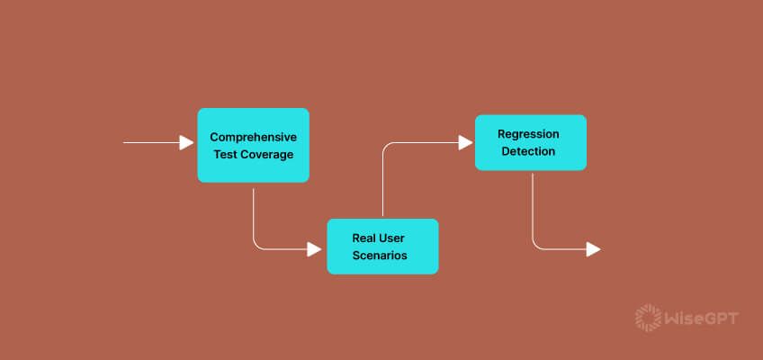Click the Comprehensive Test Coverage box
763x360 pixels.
pos(253,146)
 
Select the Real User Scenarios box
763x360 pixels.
pos(382,247)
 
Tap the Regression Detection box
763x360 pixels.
pos(530,142)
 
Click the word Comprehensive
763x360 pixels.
pos(253,137)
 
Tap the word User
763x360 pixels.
pos(391,238)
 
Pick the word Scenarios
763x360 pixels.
pos(380,256)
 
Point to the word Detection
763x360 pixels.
pos(528,151)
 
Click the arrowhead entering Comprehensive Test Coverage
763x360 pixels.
pos(186,142)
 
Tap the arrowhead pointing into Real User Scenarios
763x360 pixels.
pos(314,249)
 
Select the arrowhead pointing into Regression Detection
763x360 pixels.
pos(466,142)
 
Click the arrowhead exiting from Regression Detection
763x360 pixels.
pos(594,249)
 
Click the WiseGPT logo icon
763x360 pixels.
pos(648,319)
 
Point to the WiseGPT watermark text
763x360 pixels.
pos(702,319)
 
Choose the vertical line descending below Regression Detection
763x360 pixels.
pos(533,208)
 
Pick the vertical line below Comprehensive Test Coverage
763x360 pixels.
pos(253,216)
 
